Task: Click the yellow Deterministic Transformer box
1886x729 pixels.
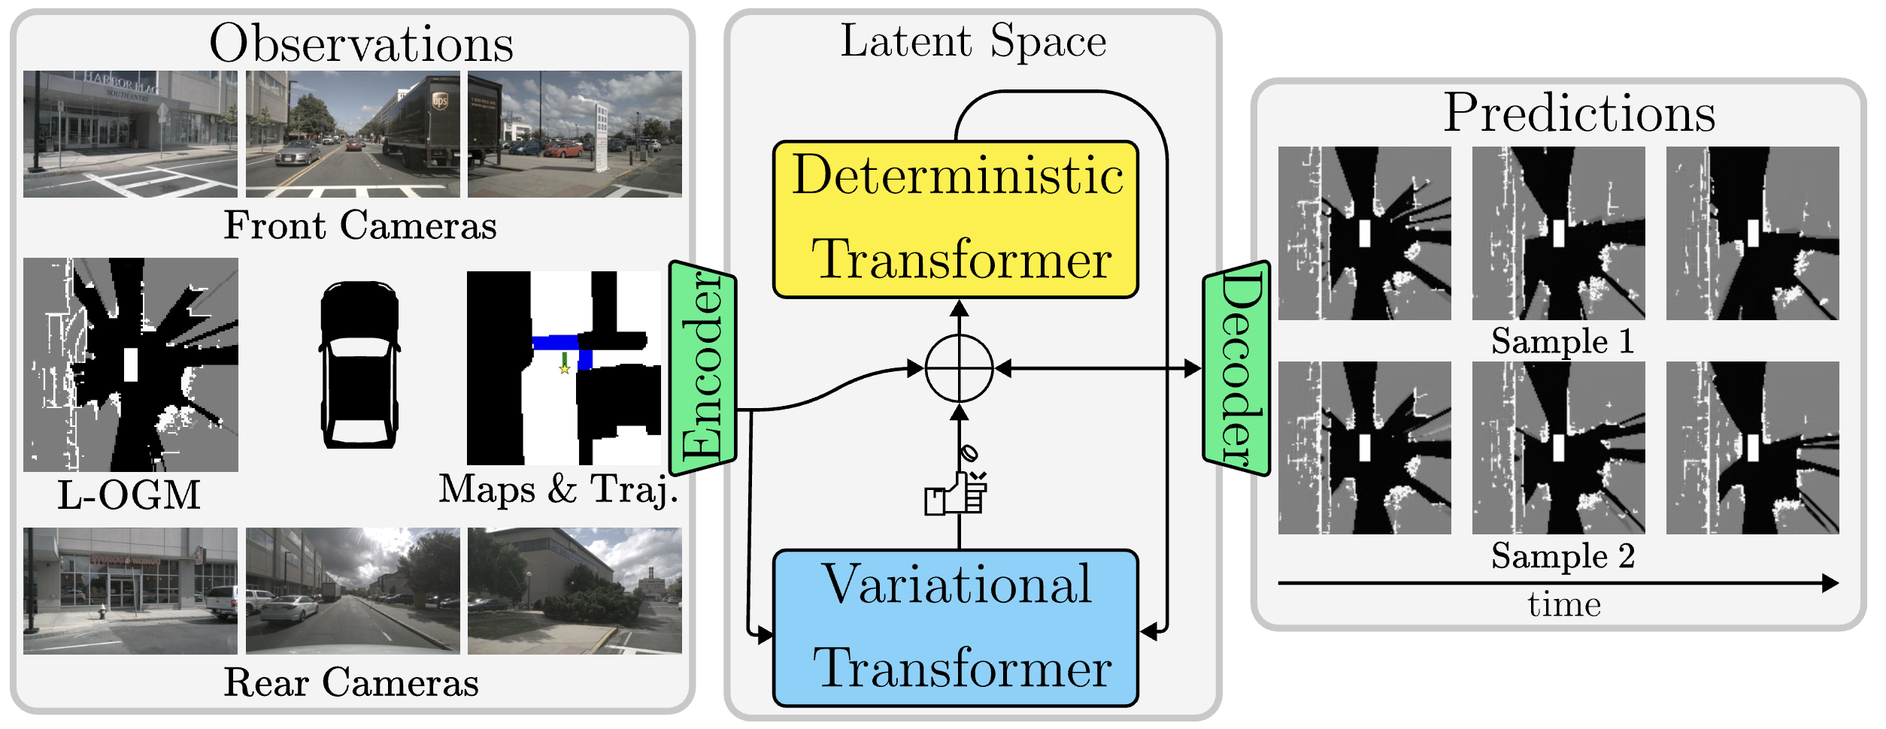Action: click(x=955, y=219)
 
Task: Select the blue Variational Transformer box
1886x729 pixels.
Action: click(x=955, y=628)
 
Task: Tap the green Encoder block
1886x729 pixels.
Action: click(x=702, y=368)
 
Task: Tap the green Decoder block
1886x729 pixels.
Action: click(x=1236, y=368)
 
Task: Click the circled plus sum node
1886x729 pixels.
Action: click(x=959, y=368)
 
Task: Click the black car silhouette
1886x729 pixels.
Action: click(x=359, y=365)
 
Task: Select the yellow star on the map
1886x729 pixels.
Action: click(x=565, y=369)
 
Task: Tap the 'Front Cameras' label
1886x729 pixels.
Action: click(x=360, y=225)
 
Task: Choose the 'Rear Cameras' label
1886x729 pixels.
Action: click(x=351, y=682)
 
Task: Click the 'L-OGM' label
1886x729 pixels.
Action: click(x=129, y=495)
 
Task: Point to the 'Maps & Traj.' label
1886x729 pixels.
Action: click(x=558, y=489)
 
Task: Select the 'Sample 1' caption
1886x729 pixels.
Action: click(x=1562, y=341)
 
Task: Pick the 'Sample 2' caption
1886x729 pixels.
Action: click(x=1563, y=556)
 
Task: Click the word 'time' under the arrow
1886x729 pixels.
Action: click(x=1564, y=604)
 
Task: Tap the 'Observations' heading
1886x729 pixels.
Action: click(x=361, y=44)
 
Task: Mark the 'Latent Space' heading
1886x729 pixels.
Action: click(x=973, y=41)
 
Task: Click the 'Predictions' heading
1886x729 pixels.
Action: click(x=1579, y=113)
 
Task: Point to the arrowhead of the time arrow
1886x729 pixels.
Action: click(x=1831, y=583)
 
